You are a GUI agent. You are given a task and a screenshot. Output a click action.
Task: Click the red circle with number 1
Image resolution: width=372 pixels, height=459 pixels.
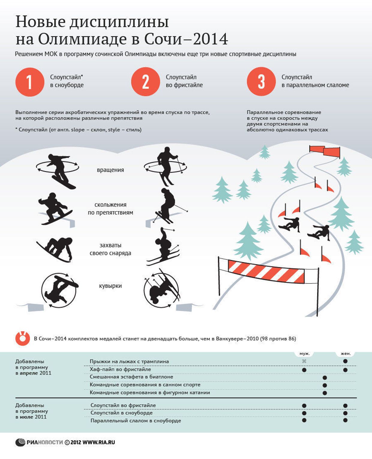tap(30, 82)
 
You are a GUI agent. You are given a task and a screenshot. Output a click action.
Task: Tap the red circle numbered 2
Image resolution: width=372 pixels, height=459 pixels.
tap(145, 82)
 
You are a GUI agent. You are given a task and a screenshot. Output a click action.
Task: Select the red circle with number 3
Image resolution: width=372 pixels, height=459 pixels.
tap(261, 81)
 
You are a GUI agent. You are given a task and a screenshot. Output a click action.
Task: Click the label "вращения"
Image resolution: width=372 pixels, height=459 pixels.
tap(110, 170)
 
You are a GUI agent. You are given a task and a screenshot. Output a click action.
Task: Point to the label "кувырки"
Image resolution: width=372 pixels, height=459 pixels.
tap(110, 286)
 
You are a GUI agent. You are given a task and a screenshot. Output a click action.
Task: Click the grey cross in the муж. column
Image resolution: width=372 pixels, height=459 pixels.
tap(304, 361)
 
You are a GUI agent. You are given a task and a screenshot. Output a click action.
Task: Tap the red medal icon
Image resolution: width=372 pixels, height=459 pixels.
tap(22, 338)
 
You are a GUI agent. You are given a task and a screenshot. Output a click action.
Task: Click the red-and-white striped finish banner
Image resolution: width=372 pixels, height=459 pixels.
tap(266, 271)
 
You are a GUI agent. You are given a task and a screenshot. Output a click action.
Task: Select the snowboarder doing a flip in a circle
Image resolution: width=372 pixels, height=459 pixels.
tap(59, 290)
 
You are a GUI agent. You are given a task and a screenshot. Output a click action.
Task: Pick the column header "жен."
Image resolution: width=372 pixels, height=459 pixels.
tap(346, 353)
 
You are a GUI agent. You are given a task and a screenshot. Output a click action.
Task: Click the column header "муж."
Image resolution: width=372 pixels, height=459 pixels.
tap(304, 353)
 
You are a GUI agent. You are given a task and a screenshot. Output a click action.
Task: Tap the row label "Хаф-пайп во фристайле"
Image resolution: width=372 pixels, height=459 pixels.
tap(120, 369)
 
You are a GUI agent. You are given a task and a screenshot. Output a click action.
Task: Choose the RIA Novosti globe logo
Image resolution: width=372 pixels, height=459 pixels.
tap(20, 442)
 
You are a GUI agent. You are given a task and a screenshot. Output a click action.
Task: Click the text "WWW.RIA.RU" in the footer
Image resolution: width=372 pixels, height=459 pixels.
tap(99, 442)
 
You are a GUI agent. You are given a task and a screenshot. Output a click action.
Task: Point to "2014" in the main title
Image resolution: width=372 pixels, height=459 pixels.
tap(210, 39)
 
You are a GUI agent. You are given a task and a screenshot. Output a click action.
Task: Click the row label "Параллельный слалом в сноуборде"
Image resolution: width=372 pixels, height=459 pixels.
tap(136, 421)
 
